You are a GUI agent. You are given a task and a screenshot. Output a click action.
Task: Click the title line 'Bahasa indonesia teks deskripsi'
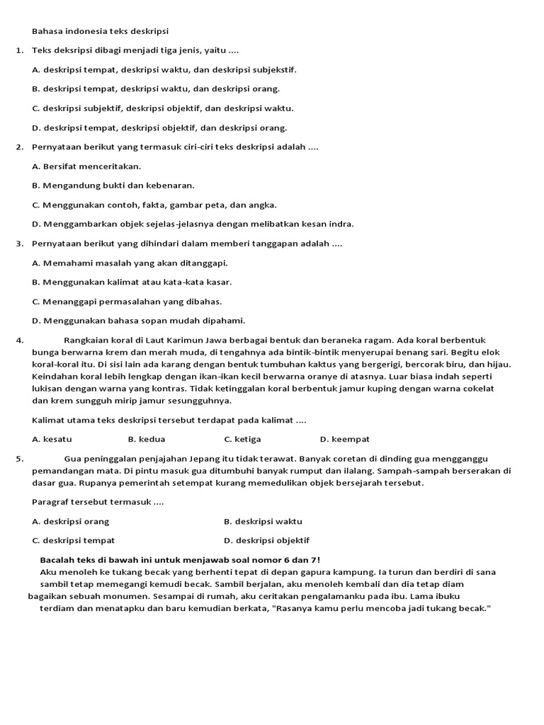(x=101, y=31)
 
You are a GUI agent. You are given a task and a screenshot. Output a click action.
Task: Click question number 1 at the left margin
(x=18, y=50)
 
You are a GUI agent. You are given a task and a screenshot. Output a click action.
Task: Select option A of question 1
(x=164, y=69)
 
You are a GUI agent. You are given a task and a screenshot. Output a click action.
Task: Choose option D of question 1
(x=159, y=127)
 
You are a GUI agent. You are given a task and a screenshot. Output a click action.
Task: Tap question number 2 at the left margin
(x=18, y=147)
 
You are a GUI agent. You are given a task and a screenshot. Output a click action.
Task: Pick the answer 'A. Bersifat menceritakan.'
(x=86, y=166)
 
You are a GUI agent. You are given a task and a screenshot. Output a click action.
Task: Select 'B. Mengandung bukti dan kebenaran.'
(x=113, y=185)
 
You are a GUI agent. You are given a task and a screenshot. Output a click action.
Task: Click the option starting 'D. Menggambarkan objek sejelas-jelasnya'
(x=193, y=224)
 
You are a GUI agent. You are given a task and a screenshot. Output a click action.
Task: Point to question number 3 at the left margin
(x=18, y=244)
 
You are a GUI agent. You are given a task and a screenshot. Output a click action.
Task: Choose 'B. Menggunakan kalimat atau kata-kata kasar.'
(x=132, y=282)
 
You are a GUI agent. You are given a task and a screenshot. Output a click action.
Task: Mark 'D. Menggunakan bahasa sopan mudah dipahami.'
(x=138, y=320)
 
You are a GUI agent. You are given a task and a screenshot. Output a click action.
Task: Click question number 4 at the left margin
(x=18, y=340)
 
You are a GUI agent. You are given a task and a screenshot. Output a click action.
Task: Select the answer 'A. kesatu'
(x=52, y=439)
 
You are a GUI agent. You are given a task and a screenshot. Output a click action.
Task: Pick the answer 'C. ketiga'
(x=243, y=439)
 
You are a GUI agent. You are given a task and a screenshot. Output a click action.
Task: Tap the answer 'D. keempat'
(x=344, y=439)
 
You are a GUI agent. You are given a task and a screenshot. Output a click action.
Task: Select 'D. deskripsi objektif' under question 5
(x=266, y=540)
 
